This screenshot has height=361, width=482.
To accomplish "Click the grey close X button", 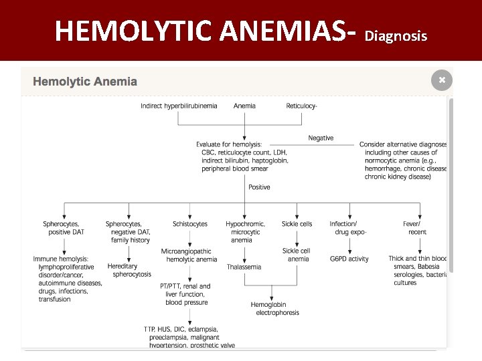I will point(442,80).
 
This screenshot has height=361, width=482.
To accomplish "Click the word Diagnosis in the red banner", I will point(396,36).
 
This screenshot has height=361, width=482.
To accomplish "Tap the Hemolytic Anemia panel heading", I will point(85,82).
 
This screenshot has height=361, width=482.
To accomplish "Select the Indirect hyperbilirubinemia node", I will point(179,106).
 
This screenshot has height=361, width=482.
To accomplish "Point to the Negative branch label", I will point(321,138).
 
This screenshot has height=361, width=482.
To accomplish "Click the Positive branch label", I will point(259,187).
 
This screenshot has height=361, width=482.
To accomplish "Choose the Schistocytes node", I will point(190,224).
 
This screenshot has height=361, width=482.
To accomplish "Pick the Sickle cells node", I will point(297,224).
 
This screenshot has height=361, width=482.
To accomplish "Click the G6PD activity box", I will point(349,259).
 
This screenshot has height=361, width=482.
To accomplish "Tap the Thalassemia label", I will point(244,267).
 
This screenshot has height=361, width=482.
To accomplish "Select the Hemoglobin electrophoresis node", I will point(275,309).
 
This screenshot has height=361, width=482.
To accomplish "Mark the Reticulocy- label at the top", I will point(301,106).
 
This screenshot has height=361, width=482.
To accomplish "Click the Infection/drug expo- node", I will point(348,228).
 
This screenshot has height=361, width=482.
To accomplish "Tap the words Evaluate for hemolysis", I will point(229,144).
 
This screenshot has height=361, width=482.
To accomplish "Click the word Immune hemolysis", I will point(61,259).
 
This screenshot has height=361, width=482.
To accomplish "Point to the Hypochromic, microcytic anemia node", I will point(246,232).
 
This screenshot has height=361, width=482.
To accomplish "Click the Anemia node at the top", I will point(244,106).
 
